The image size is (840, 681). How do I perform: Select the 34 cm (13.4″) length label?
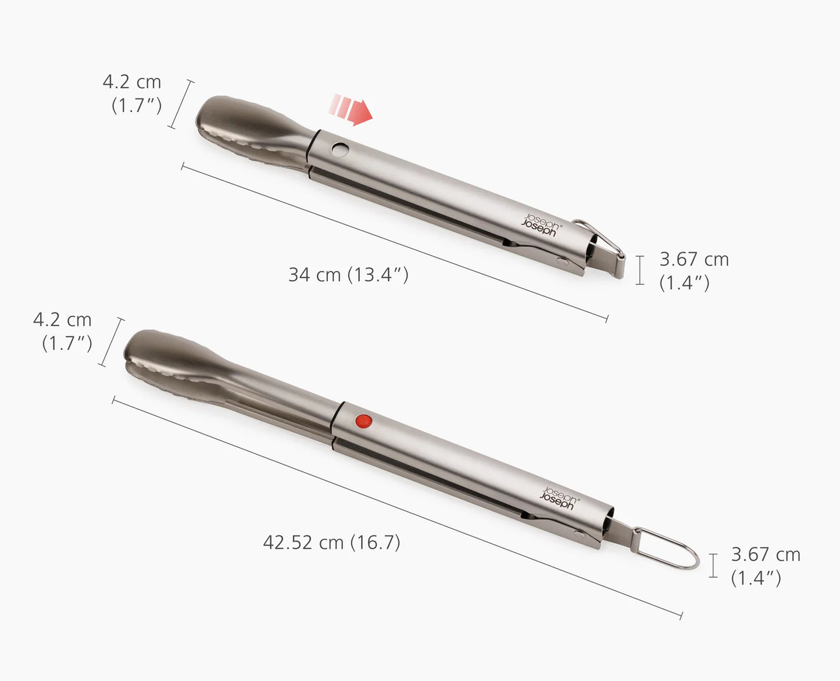pos(348,274)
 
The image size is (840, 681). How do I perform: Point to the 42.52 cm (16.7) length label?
pos(331,542)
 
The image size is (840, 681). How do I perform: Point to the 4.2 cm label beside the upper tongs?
pos(133,93)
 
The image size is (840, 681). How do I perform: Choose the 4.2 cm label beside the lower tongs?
pos(63,331)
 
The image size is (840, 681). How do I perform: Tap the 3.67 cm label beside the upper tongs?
pos(694,270)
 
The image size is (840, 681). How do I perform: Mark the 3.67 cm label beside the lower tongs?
pos(765,565)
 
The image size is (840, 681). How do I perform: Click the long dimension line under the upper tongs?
pos(395,242)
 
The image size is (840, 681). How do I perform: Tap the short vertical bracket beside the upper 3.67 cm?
pos(640,270)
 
